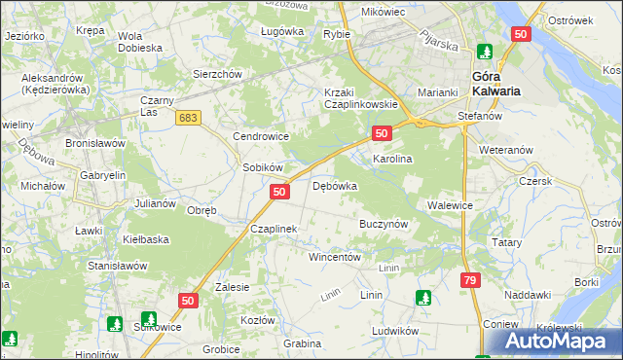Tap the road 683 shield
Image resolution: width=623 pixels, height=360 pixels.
tap(189, 116)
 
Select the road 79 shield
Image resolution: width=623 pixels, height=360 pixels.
tap(470, 280)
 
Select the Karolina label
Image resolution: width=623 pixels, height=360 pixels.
tap(393, 158)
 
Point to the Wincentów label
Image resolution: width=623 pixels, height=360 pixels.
tap(335, 258)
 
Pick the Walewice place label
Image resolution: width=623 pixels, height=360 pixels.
tap(450, 205)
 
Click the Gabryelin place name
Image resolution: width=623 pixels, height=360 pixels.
tap(104, 175)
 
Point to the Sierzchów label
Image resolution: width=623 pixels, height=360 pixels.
tap(217, 73)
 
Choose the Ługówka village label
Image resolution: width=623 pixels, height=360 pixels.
tap(282, 31)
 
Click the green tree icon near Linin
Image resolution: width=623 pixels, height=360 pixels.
tap(423, 298)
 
